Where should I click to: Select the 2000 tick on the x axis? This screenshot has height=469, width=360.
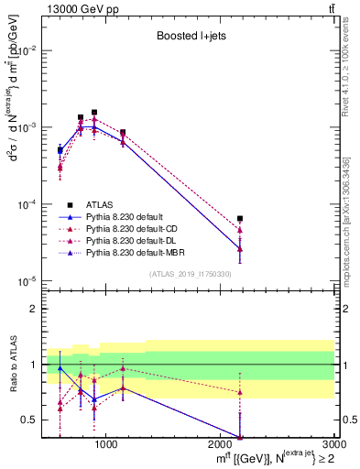(x=220, y=444)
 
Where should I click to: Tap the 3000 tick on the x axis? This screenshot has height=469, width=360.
(x=333, y=444)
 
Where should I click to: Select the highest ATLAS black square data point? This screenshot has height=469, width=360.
(x=94, y=112)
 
